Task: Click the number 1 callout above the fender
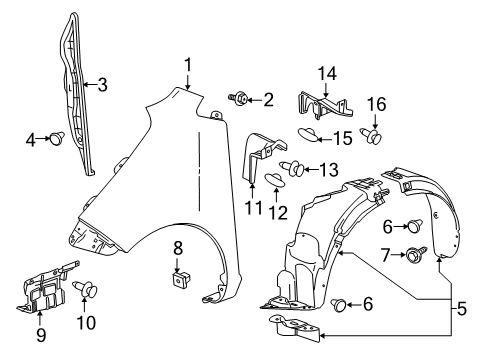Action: [x=187, y=65]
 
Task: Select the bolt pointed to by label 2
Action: [x=242, y=98]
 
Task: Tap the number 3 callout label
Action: [x=102, y=86]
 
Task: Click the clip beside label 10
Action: [x=253, y=208]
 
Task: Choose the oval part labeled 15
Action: [x=309, y=134]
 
